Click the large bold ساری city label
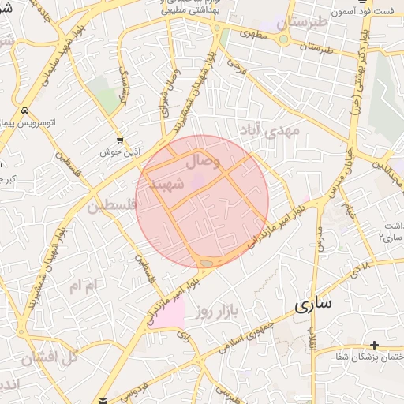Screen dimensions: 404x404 click(x=314, y=304)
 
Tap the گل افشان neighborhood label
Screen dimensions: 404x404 click(x=50, y=357)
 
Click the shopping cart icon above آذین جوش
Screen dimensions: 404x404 click(x=119, y=139)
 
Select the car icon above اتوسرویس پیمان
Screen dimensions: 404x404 click(x=26, y=111)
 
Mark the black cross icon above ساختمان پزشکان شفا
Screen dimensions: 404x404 click(x=374, y=344)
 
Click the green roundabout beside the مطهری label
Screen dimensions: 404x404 click(x=283, y=39)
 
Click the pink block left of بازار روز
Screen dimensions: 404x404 click(x=169, y=313)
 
